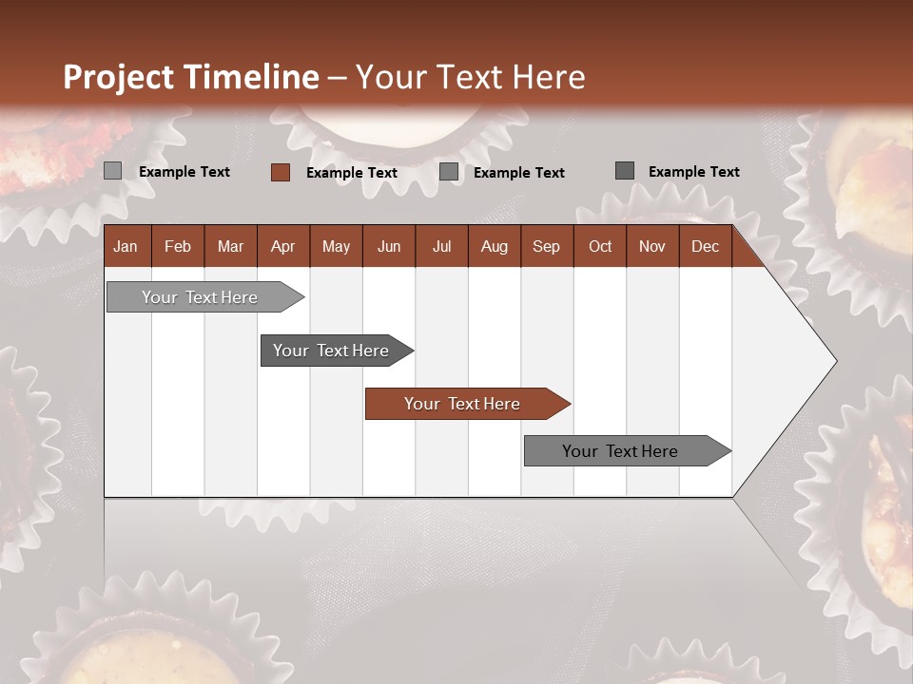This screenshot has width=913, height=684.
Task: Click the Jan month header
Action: [126, 246]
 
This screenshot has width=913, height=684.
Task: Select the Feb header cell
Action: [178, 246]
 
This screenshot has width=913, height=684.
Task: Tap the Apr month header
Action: [282, 246]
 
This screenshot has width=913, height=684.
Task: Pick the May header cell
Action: [336, 246]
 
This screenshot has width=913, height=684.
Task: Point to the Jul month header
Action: [441, 246]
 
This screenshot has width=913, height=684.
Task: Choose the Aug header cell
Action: [494, 246]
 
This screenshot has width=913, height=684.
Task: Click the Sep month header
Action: [546, 246]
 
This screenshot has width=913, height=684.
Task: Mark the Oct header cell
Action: [600, 246]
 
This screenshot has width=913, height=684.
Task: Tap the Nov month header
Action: [651, 246]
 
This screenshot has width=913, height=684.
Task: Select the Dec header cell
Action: [705, 246]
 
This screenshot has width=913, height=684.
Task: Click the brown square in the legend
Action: [280, 172]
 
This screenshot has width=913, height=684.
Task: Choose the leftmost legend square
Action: [112, 171]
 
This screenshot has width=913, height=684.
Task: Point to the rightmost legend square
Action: [624, 171]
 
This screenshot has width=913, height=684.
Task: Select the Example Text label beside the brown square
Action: [351, 173]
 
